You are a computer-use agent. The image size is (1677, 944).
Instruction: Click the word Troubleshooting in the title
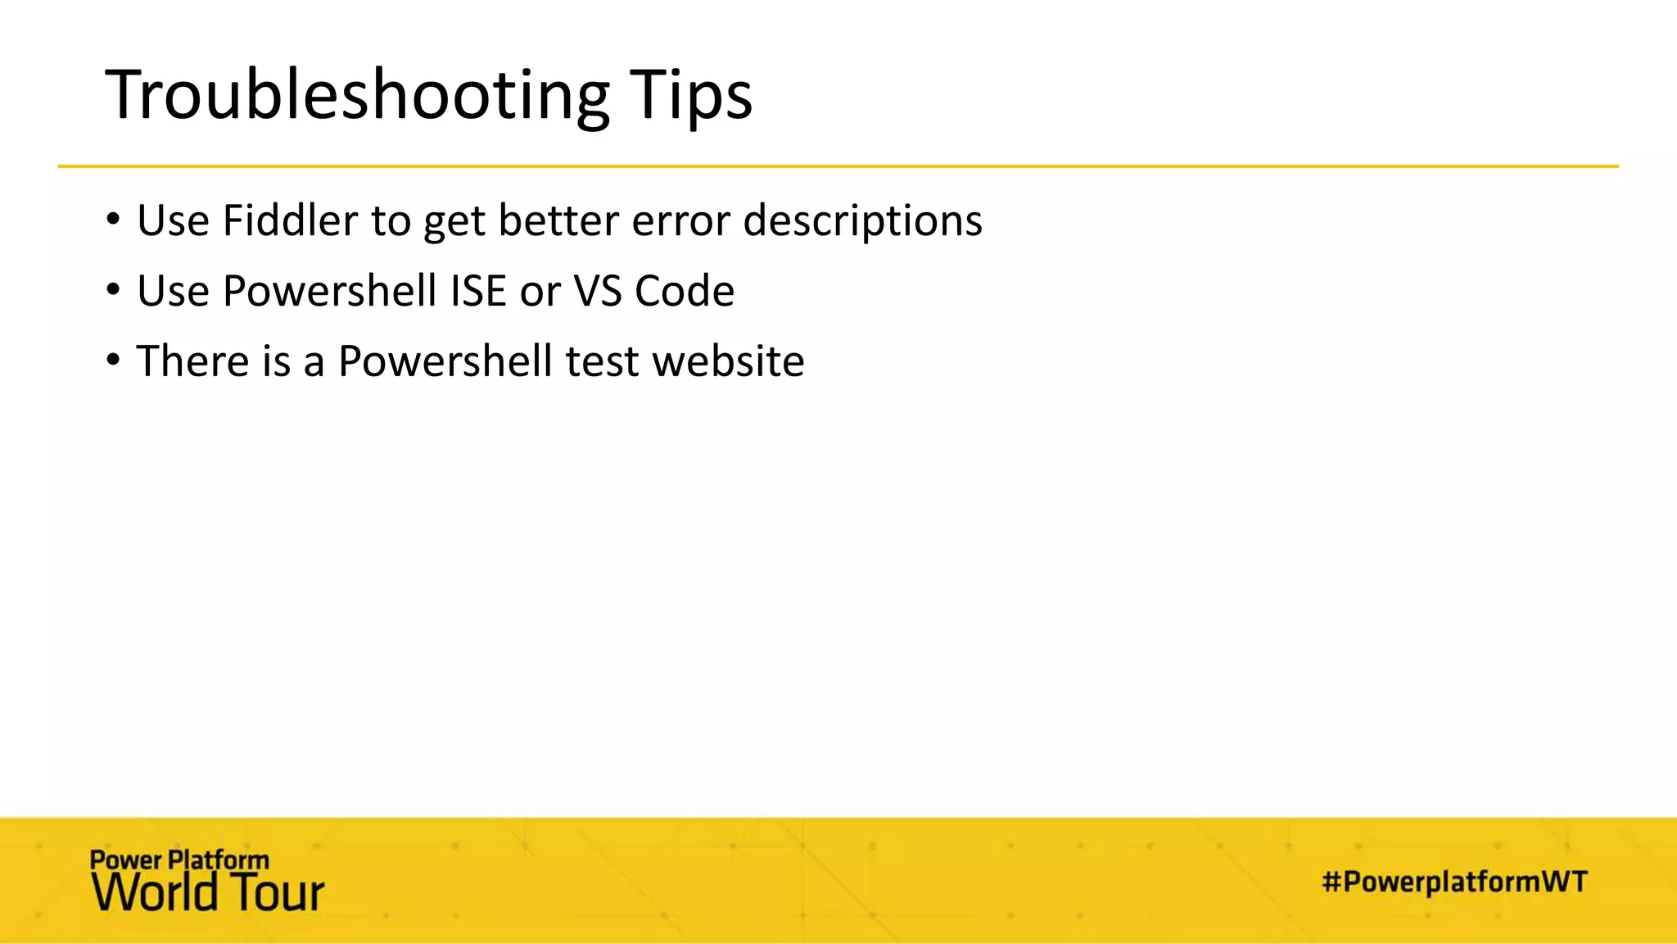[x=357, y=95]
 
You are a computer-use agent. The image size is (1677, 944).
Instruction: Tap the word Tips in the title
[x=690, y=95]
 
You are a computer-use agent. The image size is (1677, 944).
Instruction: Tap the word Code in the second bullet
[x=684, y=291]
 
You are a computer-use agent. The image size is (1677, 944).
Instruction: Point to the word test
[x=602, y=361]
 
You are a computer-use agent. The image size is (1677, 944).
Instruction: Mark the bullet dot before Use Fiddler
[x=113, y=220]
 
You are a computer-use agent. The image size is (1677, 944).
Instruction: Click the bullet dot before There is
[x=113, y=361]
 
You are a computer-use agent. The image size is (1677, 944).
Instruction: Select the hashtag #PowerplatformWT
[x=1454, y=882]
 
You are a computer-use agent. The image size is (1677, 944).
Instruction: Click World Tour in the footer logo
[x=208, y=892]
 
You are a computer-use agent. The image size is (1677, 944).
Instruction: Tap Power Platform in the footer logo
[x=179, y=860]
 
